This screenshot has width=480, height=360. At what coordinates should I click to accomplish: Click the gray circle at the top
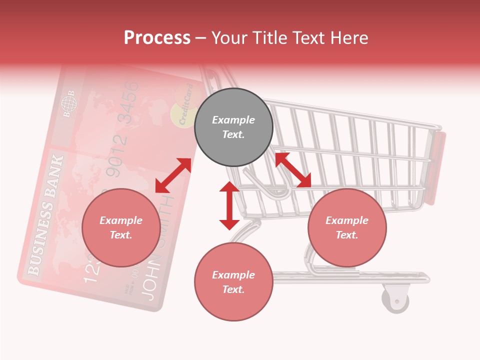233,127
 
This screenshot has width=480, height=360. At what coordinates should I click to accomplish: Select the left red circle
121,228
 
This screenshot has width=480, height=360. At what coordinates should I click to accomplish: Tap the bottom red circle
233,282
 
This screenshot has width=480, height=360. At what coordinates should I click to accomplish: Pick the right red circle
347,228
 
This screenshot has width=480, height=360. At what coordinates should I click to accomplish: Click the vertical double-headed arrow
229,205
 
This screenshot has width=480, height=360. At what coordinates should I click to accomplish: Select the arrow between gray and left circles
173,175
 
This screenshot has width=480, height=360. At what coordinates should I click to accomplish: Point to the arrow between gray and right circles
293,170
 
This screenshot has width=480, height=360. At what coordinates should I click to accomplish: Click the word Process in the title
157,38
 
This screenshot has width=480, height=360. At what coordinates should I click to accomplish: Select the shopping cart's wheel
395,300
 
